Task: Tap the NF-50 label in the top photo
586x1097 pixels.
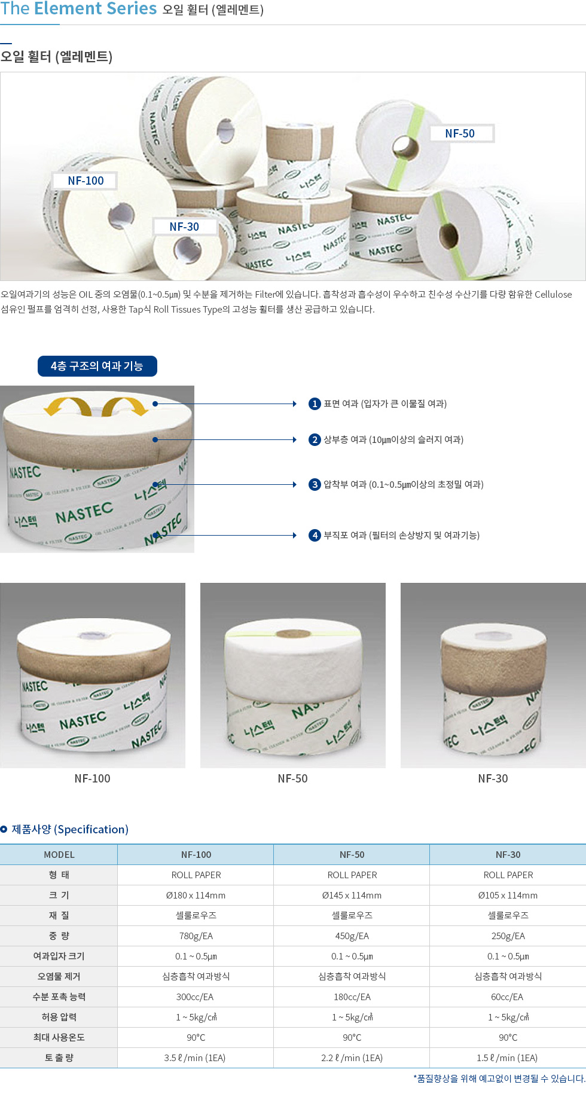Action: (461, 133)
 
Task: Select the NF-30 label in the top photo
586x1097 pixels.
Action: (184, 227)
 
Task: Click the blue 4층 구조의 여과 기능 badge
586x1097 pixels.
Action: (97, 366)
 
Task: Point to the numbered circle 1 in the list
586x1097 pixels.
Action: (315, 404)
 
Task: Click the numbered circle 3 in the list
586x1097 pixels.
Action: (315, 484)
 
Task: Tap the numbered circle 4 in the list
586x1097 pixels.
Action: (315, 535)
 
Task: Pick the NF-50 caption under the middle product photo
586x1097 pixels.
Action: (292, 778)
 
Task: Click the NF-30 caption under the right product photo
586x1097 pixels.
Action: (493, 778)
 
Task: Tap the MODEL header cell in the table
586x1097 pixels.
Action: (59, 855)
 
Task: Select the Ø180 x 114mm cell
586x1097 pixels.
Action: (196, 896)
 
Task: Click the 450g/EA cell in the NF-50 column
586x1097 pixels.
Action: (352, 936)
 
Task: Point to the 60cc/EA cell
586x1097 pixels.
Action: (508, 997)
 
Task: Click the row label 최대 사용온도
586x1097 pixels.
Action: (59, 1037)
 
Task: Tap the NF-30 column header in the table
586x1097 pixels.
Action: (508, 855)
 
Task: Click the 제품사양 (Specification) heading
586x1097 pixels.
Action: (70, 829)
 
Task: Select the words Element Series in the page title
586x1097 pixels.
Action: (96, 8)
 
